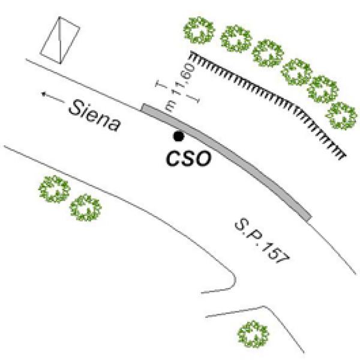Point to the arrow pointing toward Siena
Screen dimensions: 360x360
pos(51,95)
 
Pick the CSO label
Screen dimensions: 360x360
pos(188,158)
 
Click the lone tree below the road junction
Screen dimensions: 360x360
pos(253,333)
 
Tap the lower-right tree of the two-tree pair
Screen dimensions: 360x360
pos(85,208)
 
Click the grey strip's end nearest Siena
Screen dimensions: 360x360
pos(145,108)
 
